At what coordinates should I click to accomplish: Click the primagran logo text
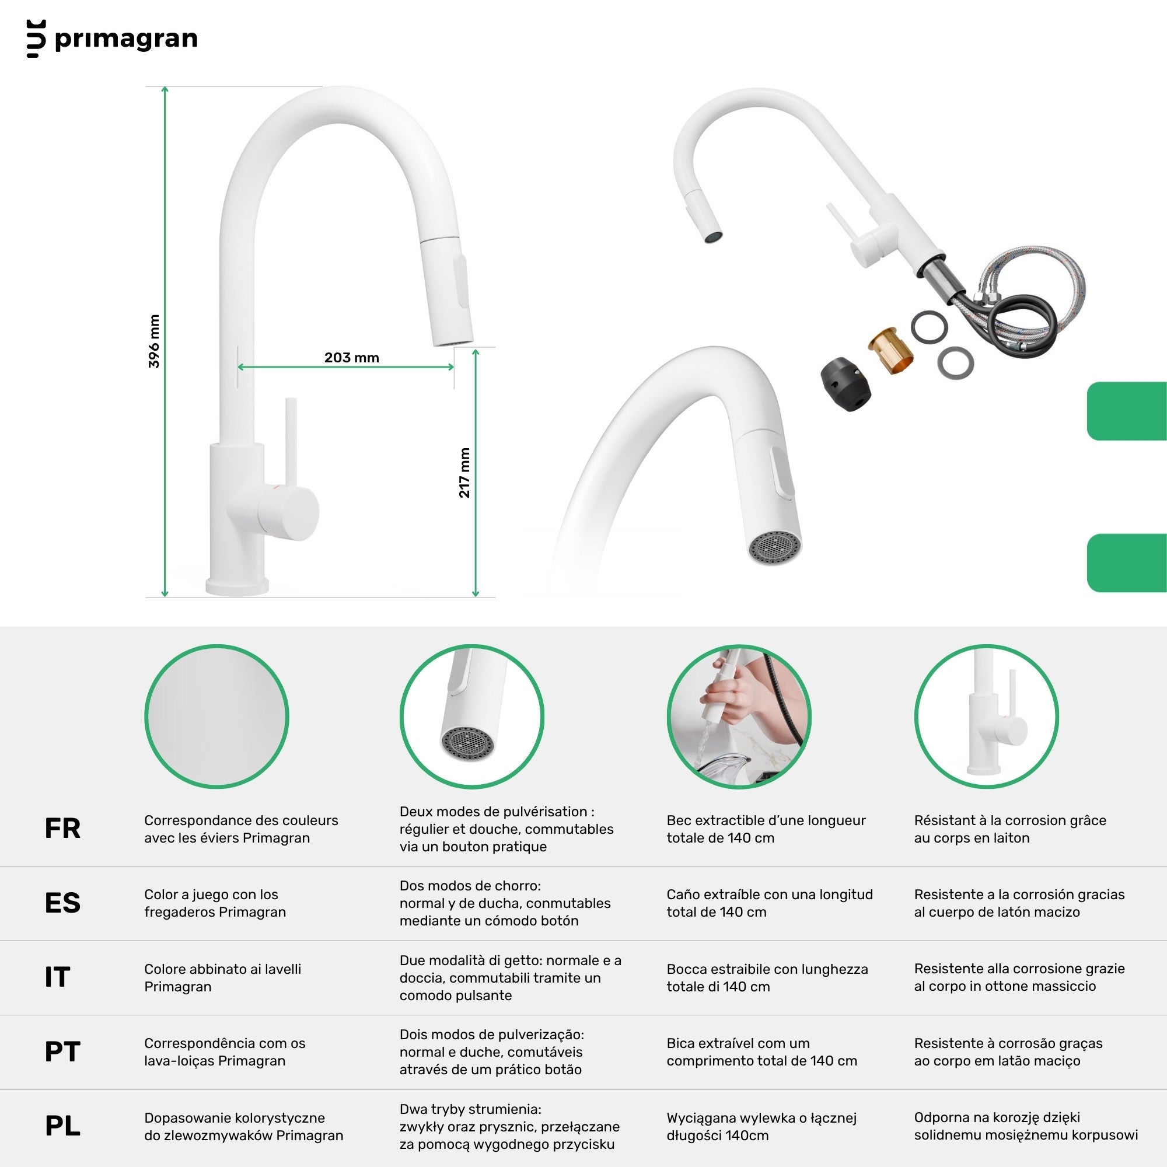(x=125, y=39)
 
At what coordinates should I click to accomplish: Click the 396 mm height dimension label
(x=154, y=341)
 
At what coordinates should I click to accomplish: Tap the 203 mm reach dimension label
(x=351, y=358)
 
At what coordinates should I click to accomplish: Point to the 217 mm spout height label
(x=464, y=473)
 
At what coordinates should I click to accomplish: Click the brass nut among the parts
(x=891, y=350)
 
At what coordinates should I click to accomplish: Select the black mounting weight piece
(x=845, y=384)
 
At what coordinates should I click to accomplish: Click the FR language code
(x=62, y=828)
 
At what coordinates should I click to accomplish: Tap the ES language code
(x=62, y=903)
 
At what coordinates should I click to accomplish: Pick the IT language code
(x=57, y=977)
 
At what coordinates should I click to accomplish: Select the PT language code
(x=62, y=1051)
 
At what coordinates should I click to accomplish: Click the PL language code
(x=62, y=1126)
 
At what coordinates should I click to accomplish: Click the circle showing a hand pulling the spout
(x=739, y=717)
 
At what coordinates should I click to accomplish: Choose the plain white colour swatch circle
(x=216, y=717)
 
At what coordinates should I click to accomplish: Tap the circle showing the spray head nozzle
(x=471, y=717)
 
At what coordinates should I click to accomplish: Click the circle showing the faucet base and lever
(x=986, y=717)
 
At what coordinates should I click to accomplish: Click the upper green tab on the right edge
(x=1127, y=411)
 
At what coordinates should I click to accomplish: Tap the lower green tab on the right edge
(x=1127, y=563)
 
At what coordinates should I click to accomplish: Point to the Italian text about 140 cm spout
(x=767, y=977)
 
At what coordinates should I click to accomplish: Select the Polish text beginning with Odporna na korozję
(x=1026, y=1126)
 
